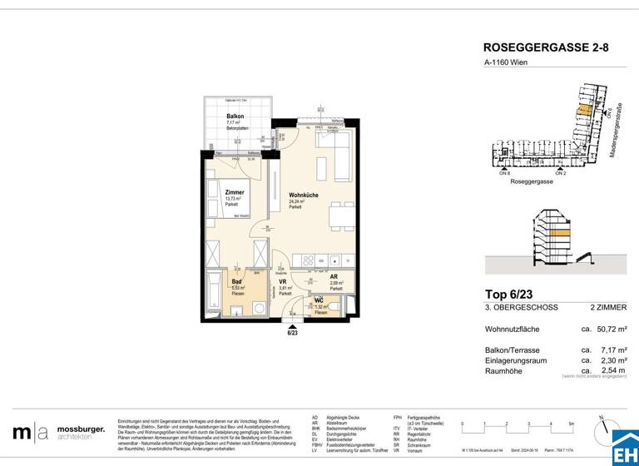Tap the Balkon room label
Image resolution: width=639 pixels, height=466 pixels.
coord(235,116)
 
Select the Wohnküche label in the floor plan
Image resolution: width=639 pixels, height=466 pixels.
coord(302,195)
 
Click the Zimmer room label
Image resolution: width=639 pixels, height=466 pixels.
coord(235,192)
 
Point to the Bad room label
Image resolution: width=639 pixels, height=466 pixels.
coord(236,281)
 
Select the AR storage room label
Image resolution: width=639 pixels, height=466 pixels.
coord(334,278)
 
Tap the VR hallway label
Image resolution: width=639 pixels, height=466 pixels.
coord(283,282)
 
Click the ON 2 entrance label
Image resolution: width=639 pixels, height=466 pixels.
coord(560,173)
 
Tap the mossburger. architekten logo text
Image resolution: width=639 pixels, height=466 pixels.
coord(81,433)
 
